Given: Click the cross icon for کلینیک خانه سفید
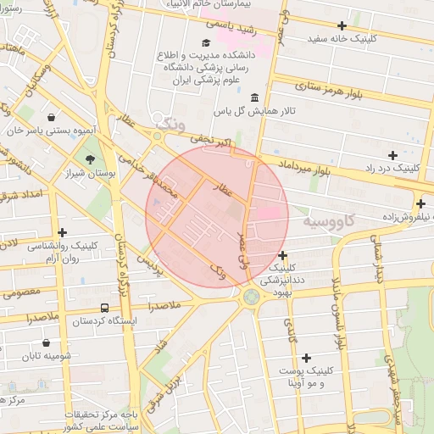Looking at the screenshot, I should pos(342,25).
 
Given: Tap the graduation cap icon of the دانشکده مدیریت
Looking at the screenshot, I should pos(206,42).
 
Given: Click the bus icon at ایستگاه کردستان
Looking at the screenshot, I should pos(104,309).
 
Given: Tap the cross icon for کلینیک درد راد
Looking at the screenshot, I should pos(392,155).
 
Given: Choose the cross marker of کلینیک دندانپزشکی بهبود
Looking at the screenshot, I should pos(282,255).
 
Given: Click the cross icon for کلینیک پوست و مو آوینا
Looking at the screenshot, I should pos(306,359).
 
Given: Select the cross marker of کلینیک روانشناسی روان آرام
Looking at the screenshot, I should pos(62,232).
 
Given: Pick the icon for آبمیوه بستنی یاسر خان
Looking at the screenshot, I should pos(53,118).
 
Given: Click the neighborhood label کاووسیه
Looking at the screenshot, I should pos(328,221).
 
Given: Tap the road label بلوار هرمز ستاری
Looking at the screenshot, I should pos(344,92).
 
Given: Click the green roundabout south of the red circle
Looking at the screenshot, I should pos(251,297).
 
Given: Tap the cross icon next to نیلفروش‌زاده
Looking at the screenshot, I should pos(420,203).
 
